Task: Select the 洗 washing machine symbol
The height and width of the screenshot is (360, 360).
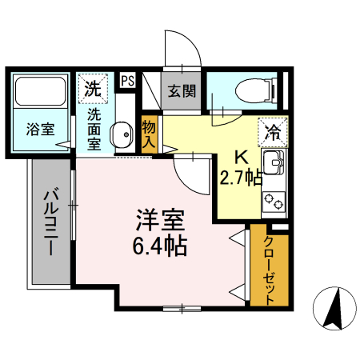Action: coord(93,87)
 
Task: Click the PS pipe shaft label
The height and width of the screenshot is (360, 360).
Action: coord(127,80)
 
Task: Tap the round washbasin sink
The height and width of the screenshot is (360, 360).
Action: coord(122,134)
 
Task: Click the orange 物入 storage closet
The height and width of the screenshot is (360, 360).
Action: coord(148,133)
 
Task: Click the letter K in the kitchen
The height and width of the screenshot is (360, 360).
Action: coord(238,158)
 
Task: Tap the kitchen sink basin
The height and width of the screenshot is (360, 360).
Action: coord(274,162)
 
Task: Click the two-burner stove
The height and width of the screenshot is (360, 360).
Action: coord(275,199)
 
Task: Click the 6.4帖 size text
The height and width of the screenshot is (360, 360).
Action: coord(159,246)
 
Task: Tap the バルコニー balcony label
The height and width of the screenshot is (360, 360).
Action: coord(50,222)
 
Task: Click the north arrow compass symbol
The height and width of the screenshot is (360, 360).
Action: coord(337,308)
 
